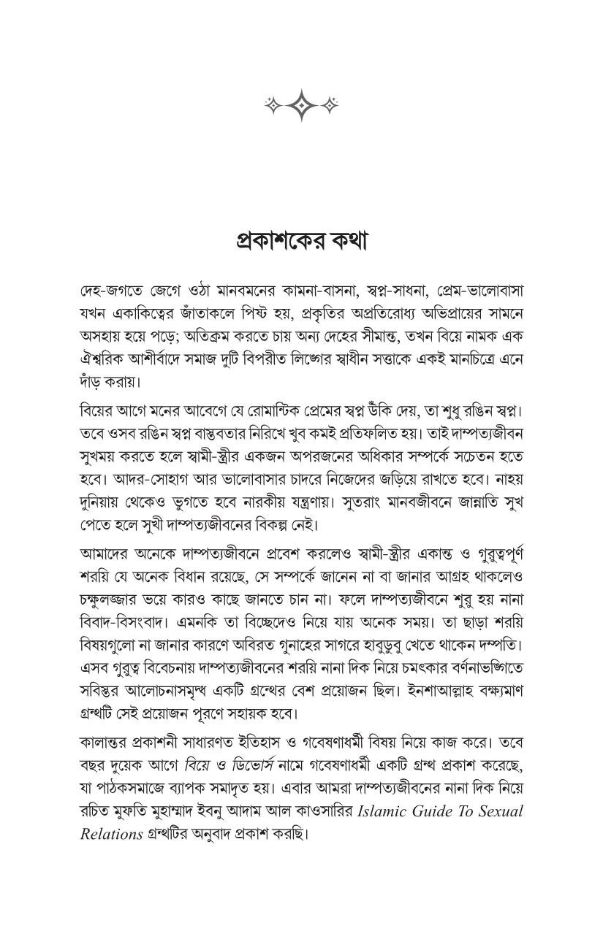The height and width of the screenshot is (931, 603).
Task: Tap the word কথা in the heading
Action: coord(342,240)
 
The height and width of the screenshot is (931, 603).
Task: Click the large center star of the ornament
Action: coord(301,106)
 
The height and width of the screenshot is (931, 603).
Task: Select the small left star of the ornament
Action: coord(271,106)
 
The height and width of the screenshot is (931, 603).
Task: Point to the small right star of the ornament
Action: coord(331,106)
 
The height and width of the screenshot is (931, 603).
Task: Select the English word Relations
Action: coord(110,835)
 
